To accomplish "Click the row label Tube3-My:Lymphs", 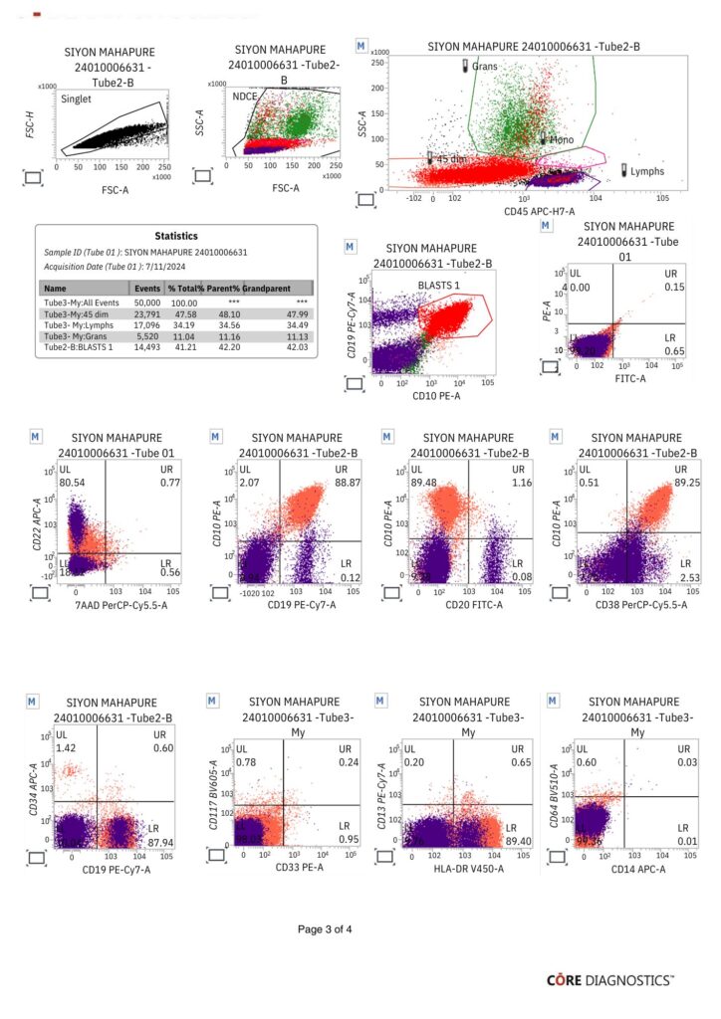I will point(76,323).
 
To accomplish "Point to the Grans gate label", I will point(485,66).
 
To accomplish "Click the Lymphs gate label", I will point(648,171).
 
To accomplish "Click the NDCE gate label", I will point(245,97).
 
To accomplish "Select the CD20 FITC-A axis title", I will point(460,604).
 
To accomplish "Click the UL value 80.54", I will point(72,482).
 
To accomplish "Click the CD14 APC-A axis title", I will point(631,871).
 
